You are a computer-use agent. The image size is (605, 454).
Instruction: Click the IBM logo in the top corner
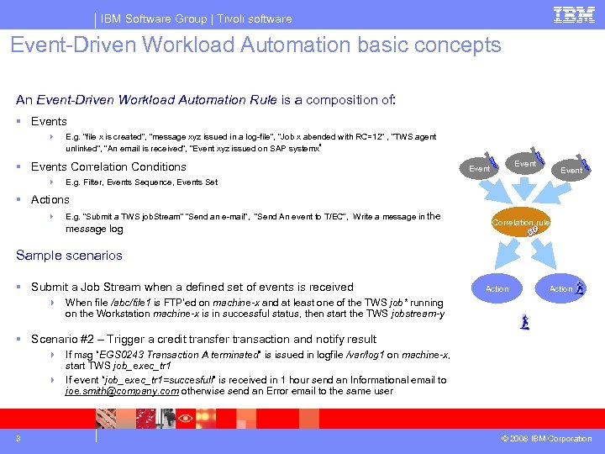pos(574,16)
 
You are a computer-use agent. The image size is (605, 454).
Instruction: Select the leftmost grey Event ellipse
pos(479,168)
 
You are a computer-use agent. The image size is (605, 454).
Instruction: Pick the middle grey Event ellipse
pos(525,164)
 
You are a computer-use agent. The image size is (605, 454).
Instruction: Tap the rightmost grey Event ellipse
pos(571,170)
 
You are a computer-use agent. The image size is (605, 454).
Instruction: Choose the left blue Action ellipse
pos(497,288)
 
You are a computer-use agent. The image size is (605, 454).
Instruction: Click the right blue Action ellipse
pos(560,288)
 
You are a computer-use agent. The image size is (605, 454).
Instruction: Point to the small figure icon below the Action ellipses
pos(524,321)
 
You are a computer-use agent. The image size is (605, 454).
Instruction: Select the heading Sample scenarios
pos(69,255)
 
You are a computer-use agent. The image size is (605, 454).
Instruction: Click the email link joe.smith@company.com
pos(121,390)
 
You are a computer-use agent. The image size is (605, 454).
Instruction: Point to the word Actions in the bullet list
pos(50,199)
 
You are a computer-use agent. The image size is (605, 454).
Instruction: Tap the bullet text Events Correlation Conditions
pos(108,166)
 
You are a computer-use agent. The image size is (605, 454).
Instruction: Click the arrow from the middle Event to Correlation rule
pos(523,189)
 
